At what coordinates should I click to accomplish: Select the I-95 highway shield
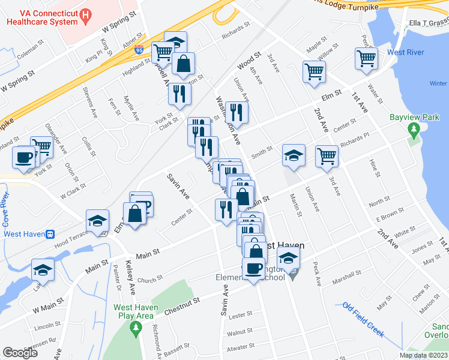click(x=139, y=50)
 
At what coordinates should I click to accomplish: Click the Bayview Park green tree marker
click(x=413, y=129)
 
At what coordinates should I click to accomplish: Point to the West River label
click(x=406, y=52)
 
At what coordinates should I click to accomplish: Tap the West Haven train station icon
click(x=52, y=233)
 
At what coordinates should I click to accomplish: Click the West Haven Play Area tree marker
click(x=136, y=328)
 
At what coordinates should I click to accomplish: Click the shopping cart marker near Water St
click(x=366, y=59)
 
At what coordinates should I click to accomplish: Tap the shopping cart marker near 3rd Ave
click(x=315, y=71)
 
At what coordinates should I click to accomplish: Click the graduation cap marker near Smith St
click(x=294, y=155)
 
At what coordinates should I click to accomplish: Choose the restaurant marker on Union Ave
click(x=237, y=112)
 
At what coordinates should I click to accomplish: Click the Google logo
click(x=20, y=353)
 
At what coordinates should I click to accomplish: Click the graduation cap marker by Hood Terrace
click(x=97, y=220)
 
